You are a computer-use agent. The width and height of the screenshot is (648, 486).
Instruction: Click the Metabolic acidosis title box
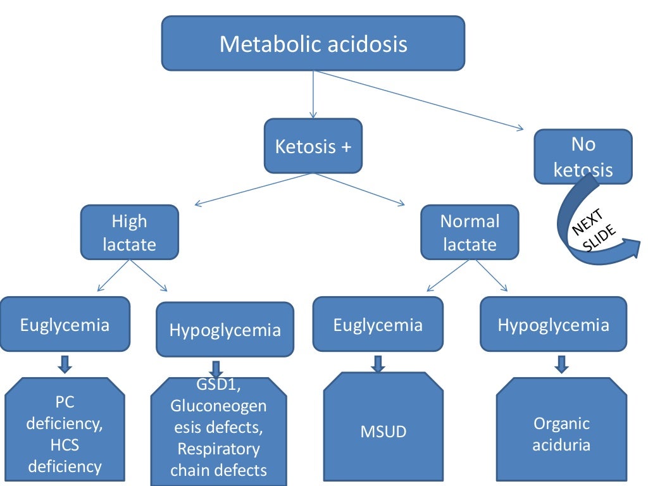point(313,43)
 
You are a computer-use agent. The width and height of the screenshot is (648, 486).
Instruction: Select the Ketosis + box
point(313,146)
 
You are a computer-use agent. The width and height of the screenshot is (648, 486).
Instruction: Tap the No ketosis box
point(583,156)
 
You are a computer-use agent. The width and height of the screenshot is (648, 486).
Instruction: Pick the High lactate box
point(129,232)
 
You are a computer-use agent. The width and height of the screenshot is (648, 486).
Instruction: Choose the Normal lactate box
point(470,232)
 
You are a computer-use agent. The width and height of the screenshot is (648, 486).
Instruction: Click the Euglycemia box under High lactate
point(65,325)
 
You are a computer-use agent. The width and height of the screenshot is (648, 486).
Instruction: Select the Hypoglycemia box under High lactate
point(225,330)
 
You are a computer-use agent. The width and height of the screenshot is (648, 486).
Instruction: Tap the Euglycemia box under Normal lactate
point(378,325)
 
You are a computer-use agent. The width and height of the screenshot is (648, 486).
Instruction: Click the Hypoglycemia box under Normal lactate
point(553,325)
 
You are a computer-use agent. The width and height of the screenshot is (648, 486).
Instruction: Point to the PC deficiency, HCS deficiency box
point(65,433)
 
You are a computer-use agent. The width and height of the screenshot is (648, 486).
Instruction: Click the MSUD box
point(383,432)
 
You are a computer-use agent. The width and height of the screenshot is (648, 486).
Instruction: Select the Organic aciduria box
point(561,433)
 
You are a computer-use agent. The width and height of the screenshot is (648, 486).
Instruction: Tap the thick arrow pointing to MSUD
point(378,363)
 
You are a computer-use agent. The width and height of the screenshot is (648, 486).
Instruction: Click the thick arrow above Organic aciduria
point(561,363)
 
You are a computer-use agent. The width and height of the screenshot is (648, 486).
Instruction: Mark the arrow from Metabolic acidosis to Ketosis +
point(313,95)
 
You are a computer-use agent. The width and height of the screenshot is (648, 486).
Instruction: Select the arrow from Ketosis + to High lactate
point(253,189)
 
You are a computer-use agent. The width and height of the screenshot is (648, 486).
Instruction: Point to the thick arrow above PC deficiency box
point(65,363)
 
